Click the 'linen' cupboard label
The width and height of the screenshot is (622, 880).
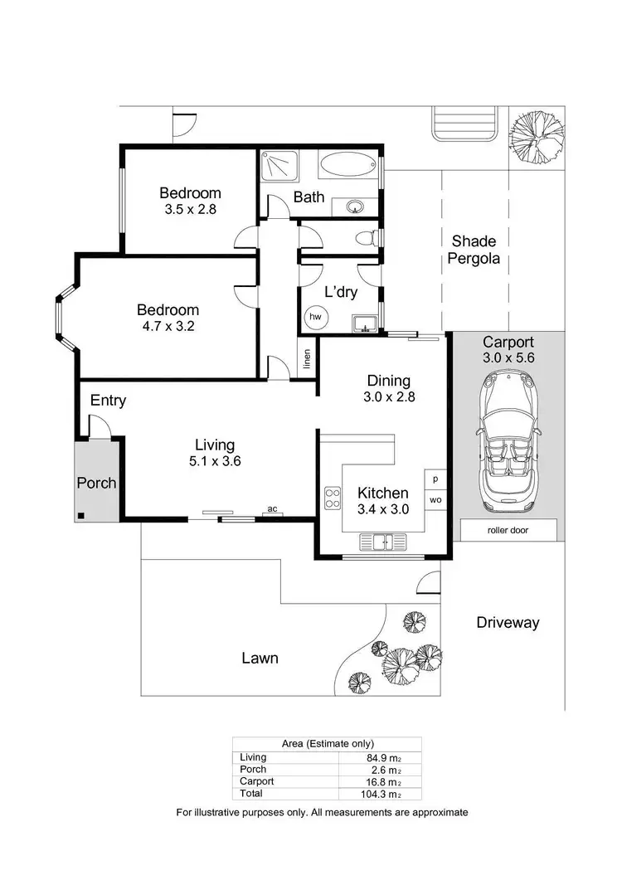(307, 359)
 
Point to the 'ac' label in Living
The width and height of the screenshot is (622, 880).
(271, 509)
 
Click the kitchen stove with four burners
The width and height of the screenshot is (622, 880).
(333, 498)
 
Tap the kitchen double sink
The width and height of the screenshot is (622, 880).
(383, 542)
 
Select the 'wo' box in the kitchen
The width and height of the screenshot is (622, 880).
(435, 500)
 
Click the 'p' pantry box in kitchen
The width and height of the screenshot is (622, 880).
(435, 480)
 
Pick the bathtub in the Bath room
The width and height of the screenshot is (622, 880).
(347, 164)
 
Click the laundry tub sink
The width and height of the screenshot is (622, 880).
(365, 323)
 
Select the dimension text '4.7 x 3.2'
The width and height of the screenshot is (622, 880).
(168, 326)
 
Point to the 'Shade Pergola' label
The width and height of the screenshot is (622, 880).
(474, 249)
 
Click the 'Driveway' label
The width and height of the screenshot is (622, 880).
(508, 623)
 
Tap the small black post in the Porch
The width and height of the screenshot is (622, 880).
(81, 516)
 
